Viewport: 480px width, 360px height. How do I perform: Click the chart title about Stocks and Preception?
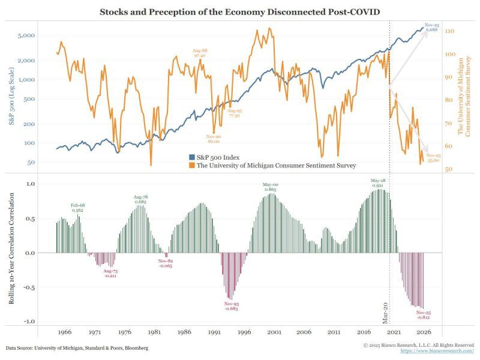coord(240,12)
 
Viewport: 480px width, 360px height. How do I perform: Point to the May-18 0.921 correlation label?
coord(377,183)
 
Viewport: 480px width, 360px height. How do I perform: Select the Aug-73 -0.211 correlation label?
coord(110,274)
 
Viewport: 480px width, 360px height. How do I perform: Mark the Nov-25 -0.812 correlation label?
coord(424,315)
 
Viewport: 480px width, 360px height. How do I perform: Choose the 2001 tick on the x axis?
coord(274,332)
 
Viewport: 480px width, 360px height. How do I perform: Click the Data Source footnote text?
coord(77,348)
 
